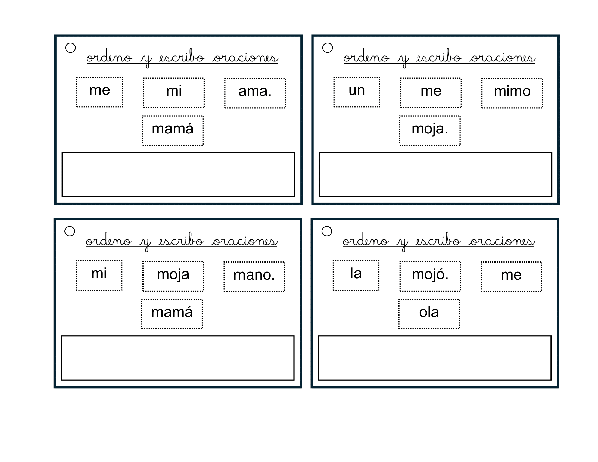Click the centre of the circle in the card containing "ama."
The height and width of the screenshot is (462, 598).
[x=70, y=48]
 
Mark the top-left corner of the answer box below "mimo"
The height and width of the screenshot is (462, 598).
[x=319, y=152]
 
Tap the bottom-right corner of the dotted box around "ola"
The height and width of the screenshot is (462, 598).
[x=459, y=329]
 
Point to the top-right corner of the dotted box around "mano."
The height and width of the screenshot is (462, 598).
[x=285, y=262]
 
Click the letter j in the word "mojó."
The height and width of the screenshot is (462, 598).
[x=432, y=275]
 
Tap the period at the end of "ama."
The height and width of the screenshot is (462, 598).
[x=269, y=96]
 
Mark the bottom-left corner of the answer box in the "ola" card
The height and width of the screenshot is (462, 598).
[x=319, y=380]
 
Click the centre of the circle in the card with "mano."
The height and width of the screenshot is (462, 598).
[x=70, y=231]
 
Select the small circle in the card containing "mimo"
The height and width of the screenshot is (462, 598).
[x=328, y=48]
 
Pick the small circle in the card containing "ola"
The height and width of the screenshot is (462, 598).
[x=327, y=231]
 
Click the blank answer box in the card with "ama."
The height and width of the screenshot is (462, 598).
[x=178, y=175]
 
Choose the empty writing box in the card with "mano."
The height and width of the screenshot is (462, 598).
[x=177, y=358]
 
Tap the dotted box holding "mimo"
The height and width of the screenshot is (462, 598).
[x=512, y=93]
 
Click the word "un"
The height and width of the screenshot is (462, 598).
[x=357, y=90]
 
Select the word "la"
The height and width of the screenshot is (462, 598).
[x=356, y=273]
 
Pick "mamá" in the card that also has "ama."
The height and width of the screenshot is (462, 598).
[x=173, y=128]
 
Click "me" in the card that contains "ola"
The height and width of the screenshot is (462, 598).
[x=511, y=275]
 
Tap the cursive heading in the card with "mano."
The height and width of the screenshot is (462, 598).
[x=182, y=241]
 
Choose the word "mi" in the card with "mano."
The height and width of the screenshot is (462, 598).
[x=99, y=273]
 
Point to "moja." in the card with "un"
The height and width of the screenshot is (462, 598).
[x=429, y=129]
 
